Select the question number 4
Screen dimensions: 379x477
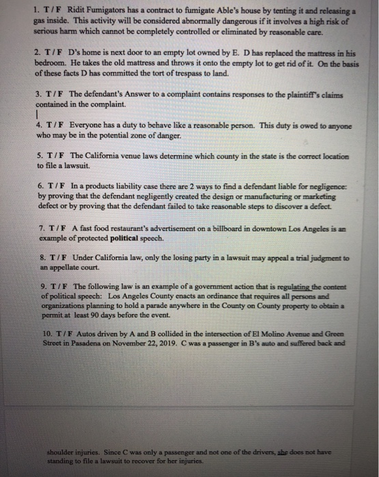38,125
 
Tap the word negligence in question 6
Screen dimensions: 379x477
325,185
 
